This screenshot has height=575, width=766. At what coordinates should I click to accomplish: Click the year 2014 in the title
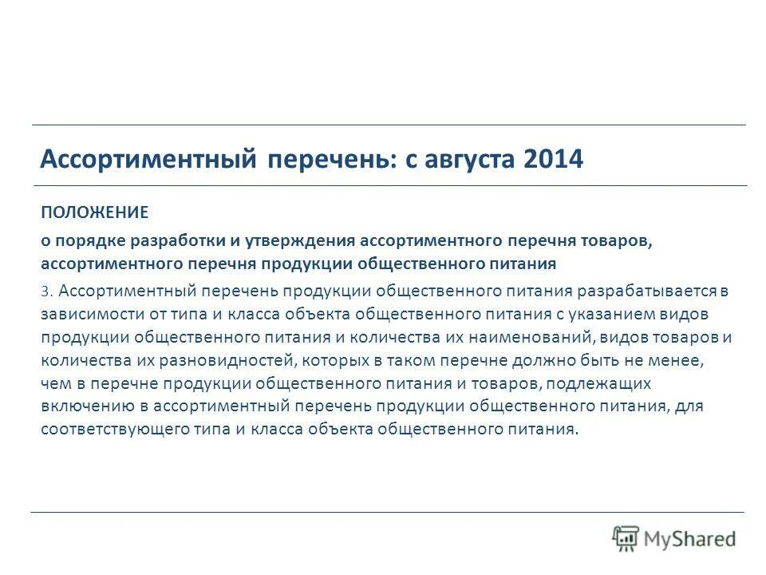click(x=555, y=160)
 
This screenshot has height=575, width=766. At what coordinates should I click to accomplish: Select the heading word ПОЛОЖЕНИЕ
click(x=95, y=212)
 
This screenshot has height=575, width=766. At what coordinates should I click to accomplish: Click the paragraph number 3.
click(x=47, y=293)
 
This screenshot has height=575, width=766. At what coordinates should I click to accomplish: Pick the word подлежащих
click(x=606, y=383)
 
